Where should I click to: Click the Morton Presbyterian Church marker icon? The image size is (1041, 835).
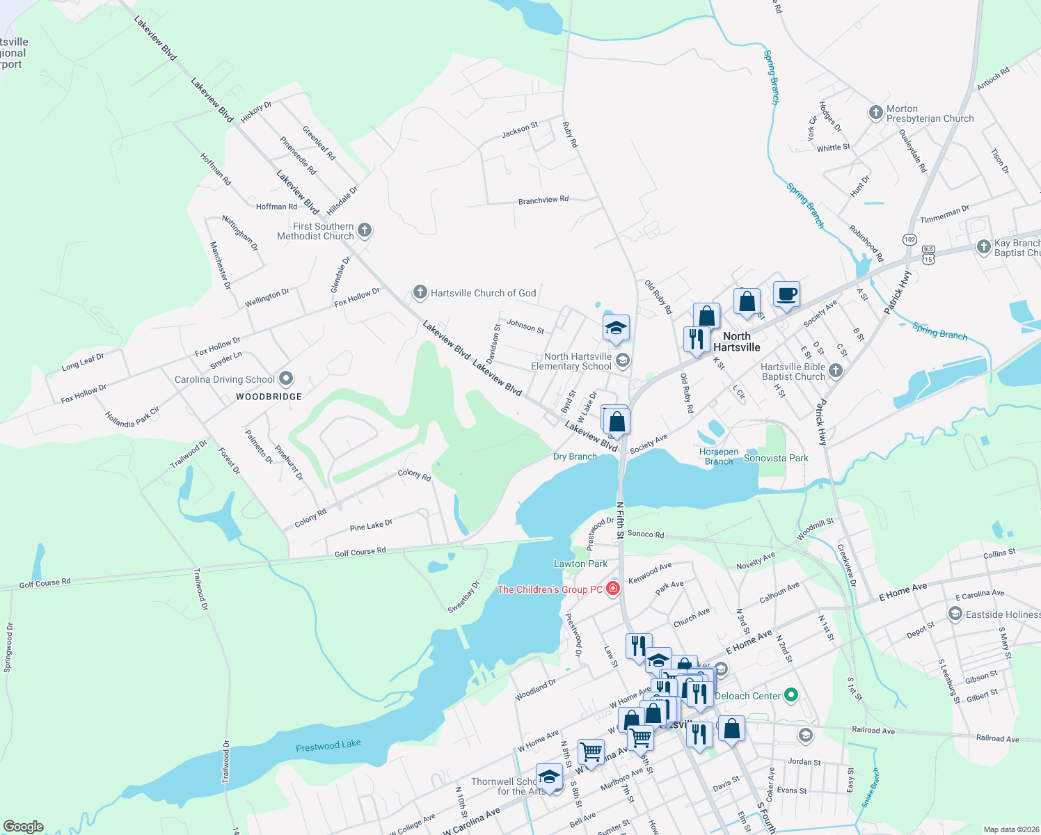tap(875, 113)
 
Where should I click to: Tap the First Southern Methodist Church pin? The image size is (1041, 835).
tap(364, 230)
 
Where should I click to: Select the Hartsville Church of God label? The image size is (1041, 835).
tap(483, 293)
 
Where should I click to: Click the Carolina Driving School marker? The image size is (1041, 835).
tap(286, 379)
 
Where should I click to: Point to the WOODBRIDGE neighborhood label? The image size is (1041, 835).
tap(269, 397)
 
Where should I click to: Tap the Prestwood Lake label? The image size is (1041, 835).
tap(328, 746)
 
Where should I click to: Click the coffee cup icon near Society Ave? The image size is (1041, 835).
tap(786, 294)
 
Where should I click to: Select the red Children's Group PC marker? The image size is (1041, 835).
tap(613, 589)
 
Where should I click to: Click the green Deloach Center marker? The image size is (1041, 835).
tap(790, 695)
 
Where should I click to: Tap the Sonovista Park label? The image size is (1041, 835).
tap(776, 458)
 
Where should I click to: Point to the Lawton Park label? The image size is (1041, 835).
tap(580, 564)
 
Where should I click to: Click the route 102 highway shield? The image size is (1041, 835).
tap(909, 239)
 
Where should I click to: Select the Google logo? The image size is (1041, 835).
tap(23, 827)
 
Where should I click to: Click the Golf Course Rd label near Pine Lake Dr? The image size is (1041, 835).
tap(360, 552)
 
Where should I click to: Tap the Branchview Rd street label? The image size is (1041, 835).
tap(543, 200)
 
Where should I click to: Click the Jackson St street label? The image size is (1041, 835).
tap(520, 129)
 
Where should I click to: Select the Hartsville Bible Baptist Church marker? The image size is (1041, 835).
tap(836, 371)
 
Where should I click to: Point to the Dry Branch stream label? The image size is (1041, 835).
tap(575, 456)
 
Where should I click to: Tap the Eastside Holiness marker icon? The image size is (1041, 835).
tap(955, 614)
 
